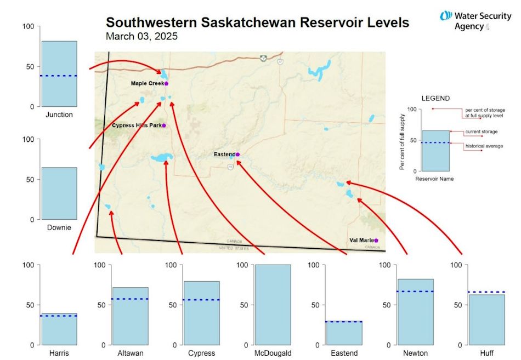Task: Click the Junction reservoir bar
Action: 59,74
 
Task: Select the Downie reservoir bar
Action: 59,193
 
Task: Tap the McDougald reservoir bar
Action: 273,305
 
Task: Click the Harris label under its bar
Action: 59,353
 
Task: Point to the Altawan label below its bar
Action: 130,353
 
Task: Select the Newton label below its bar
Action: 415,353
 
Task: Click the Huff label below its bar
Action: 486,353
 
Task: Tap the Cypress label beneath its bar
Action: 201,353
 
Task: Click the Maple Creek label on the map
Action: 147,83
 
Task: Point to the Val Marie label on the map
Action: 361,240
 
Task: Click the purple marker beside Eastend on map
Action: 237,155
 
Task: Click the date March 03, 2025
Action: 141,37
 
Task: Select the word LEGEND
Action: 435,99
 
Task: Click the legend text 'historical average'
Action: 484,146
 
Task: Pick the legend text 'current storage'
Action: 482,132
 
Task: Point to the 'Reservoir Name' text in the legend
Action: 434,179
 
